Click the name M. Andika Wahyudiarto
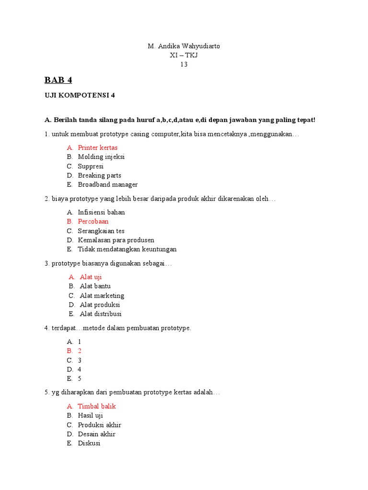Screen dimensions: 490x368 [184, 46]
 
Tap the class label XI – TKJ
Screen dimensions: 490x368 [184, 55]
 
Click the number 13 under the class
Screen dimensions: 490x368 [184, 65]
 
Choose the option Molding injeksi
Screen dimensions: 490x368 [101, 157]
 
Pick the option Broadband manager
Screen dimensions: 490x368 [108, 185]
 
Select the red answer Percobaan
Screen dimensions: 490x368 [93, 222]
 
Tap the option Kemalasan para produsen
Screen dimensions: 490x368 [116, 240]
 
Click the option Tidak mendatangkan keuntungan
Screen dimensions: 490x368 [127, 249]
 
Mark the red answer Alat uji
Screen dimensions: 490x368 [91, 277]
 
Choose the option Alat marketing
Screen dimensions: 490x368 [102, 296]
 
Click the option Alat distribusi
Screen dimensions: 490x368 [101, 314]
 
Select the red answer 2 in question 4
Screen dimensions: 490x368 [80, 351]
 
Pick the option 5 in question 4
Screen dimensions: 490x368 [80, 379]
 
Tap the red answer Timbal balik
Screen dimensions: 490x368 [97, 406]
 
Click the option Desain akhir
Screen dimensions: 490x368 [96, 434]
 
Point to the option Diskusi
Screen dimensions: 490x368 [89, 443]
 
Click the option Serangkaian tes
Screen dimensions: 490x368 [101, 231]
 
